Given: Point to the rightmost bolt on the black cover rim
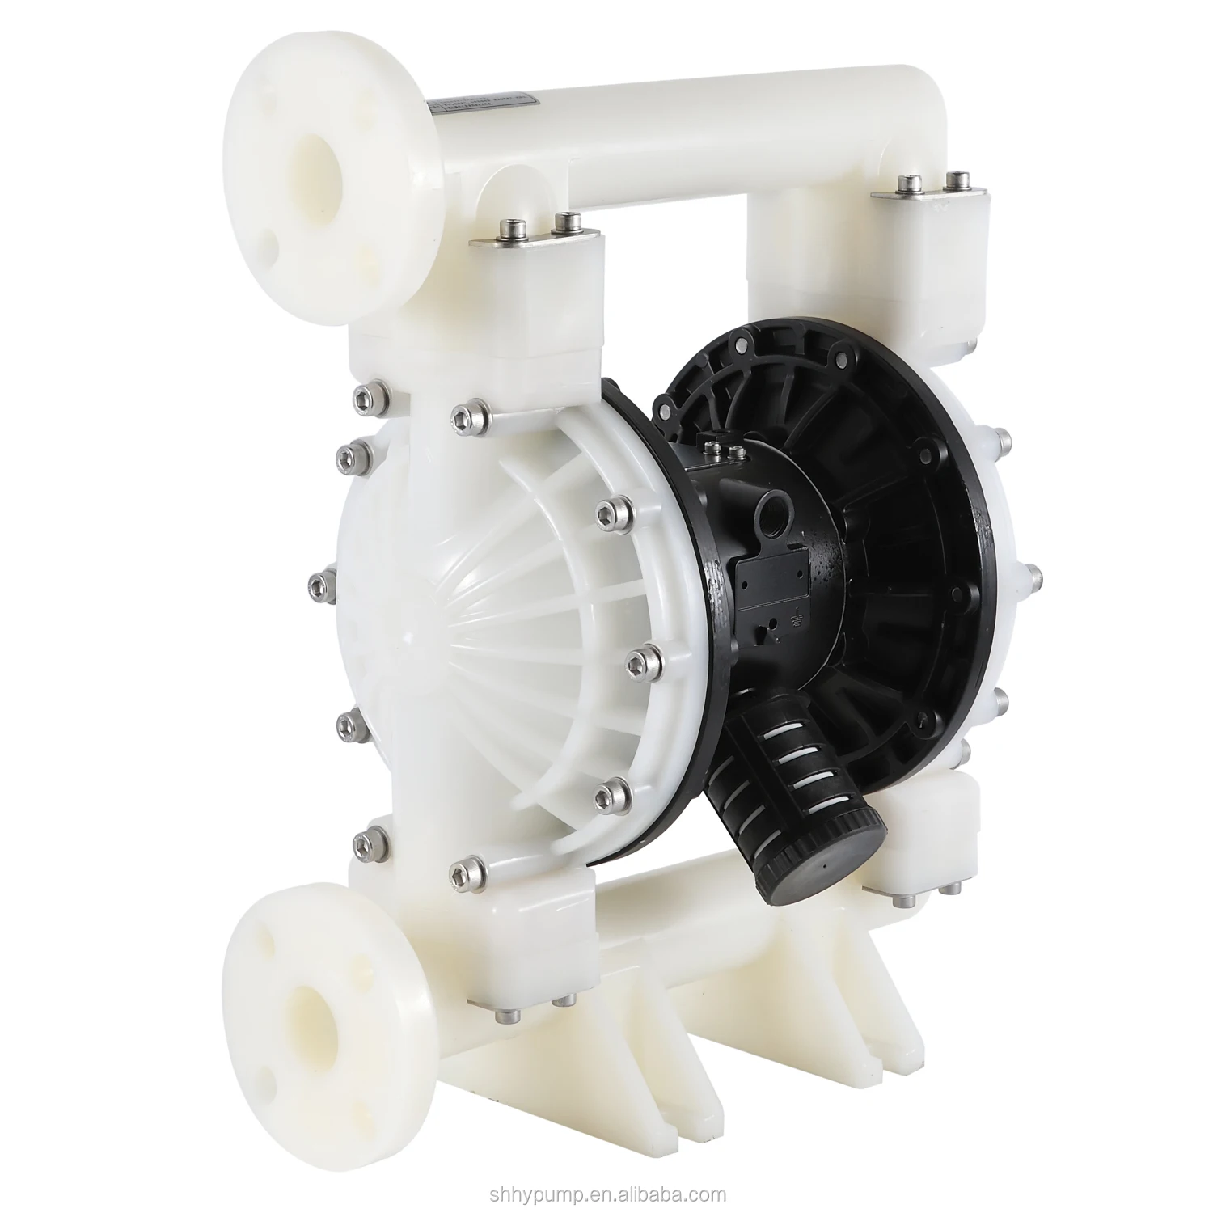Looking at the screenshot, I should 1034,578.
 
